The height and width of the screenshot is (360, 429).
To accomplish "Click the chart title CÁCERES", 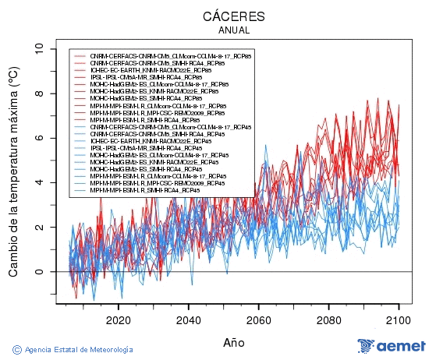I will tap(234, 16).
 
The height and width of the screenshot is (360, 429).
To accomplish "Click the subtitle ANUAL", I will tap(234, 30).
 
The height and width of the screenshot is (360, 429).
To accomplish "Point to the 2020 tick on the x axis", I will tap(118, 320).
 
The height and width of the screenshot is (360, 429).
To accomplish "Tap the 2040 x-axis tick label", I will tap(188, 320).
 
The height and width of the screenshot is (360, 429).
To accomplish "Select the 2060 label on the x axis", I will tap(258, 320).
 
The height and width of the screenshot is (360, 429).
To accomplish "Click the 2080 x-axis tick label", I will tap(328, 320).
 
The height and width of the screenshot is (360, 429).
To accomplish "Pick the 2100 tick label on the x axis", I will tap(399, 320).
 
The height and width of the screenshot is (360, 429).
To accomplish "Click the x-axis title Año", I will tap(234, 342).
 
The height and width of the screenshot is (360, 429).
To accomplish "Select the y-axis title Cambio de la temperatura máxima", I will tap(13, 171).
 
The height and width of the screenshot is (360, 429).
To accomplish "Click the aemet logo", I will tap(391, 346).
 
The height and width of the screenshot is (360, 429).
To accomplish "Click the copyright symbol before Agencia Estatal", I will tap(17, 348).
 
